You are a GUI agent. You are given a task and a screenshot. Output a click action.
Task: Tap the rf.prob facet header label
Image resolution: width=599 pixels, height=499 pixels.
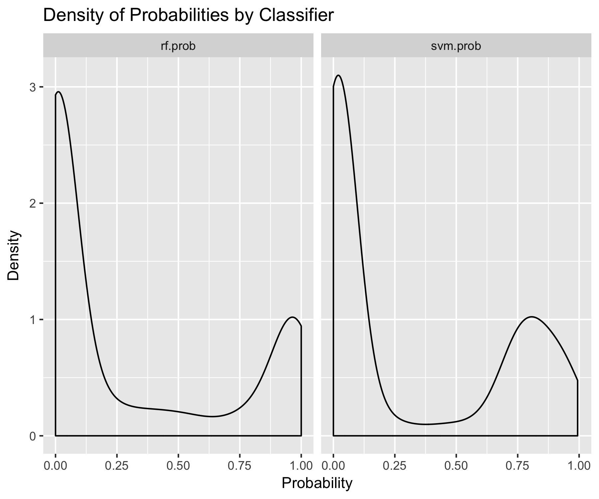(178, 46)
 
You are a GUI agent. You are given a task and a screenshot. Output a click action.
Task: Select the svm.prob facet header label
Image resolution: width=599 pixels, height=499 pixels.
(456, 46)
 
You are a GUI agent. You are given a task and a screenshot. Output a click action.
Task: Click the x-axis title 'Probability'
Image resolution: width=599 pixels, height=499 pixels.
(317, 484)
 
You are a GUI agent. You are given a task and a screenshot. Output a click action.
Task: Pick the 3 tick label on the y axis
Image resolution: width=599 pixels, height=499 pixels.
(32, 87)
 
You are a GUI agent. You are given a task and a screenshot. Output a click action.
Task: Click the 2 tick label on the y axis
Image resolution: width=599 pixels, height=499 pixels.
(32, 203)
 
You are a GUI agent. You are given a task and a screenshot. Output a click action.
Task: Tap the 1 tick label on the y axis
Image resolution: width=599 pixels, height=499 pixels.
(32, 320)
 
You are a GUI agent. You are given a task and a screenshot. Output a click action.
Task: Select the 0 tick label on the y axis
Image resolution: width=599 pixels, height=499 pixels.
(32, 436)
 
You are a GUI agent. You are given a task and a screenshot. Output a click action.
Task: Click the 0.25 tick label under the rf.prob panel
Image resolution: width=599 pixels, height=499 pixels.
(117, 466)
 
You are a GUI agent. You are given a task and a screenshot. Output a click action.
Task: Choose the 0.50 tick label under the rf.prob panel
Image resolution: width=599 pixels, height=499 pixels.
(178, 466)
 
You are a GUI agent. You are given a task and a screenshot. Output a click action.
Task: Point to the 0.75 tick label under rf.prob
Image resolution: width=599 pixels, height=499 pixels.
(240, 466)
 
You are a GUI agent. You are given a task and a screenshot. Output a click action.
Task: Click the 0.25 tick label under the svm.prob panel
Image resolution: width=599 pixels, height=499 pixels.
(395, 466)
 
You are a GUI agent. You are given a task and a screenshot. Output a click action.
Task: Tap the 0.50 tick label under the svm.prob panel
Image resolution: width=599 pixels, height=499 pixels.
(456, 466)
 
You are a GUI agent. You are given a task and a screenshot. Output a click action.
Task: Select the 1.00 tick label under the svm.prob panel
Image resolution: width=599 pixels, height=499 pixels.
(579, 466)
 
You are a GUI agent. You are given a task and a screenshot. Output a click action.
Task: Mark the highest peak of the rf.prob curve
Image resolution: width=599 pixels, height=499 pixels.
(59, 92)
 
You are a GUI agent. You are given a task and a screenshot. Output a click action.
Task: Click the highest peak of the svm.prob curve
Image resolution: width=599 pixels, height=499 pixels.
(338, 76)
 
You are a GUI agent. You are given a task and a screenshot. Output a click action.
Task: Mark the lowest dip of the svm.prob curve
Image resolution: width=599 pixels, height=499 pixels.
(426, 424)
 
